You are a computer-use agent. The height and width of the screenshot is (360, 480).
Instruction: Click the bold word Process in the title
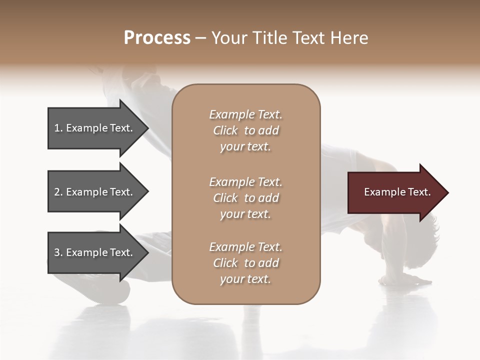click(x=157, y=38)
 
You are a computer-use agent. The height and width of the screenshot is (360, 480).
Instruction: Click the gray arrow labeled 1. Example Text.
click(x=95, y=128)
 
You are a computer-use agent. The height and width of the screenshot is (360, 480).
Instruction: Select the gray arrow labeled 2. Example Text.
click(x=95, y=192)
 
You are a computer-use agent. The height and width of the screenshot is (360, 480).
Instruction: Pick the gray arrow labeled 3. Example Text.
click(x=95, y=252)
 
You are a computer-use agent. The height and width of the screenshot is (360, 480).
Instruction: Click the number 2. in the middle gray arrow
click(x=58, y=192)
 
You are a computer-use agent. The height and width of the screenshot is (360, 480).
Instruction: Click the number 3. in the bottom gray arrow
click(x=58, y=252)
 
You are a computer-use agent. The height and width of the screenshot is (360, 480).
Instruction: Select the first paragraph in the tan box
click(x=245, y=130)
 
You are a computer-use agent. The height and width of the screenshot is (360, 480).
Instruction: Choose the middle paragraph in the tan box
click(x=245, y=198)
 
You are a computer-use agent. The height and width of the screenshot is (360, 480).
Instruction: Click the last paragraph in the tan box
click(x=245, y=263)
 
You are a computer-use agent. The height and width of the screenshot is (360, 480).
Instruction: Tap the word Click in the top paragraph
click(x=225, y=130)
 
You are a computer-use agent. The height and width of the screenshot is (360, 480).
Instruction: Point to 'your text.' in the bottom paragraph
click(x=245, y=279)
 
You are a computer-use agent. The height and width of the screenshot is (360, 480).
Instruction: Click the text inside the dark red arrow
click(x=397, y=192)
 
